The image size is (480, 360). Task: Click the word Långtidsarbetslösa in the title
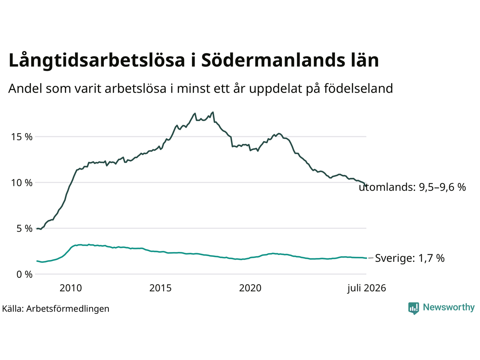pos(97,60)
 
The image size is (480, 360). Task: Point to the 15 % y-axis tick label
pos(22,137)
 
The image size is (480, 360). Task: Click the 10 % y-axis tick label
pos(22,183)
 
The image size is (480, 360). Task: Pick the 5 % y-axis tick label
pos(24,229)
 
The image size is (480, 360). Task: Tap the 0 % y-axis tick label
pos(24,274)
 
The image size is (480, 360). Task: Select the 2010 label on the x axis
pos(70,288)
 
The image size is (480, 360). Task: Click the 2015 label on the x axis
pos(160,288)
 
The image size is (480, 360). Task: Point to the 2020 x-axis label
pos(250,288)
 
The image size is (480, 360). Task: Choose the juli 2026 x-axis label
pos(366,288)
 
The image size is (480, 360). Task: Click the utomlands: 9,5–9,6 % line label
pos(412,187)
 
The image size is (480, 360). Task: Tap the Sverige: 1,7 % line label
pos(410,258)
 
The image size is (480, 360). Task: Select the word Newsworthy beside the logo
pos(449,307)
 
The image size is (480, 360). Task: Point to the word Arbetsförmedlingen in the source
pos(67,309)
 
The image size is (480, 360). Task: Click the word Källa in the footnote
pos(13,309)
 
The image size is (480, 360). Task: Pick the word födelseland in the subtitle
pos(358,88)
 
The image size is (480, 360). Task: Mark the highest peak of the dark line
pos(213,112)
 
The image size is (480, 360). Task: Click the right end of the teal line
pos(366,258)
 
